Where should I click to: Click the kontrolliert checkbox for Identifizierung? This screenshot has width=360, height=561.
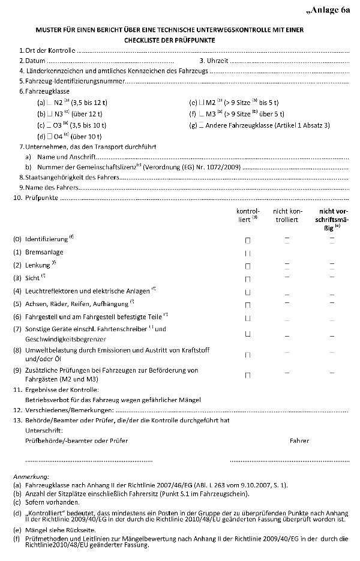pyautogui.click(x=247, y=240)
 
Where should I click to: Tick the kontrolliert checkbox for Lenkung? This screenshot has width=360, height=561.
pyautogui.click(x=247, y=266)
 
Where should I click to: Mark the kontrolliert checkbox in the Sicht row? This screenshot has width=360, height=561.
pyautogui.click(x=247, y=279)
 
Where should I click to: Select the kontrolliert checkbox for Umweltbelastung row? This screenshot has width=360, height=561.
pyautogui.click(x=247, y=355)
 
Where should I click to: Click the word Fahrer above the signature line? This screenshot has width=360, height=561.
pyautogui.click(x=299, y=441)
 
